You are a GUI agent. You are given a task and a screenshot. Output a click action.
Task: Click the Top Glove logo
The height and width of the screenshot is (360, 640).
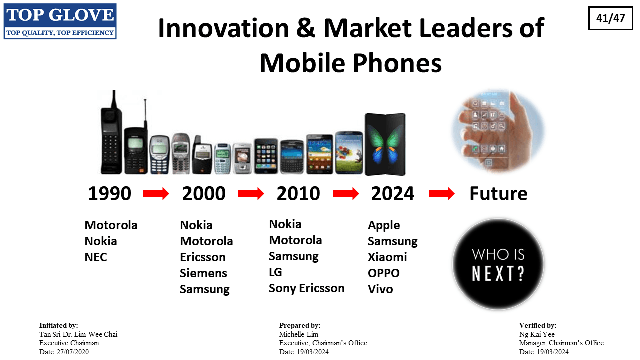coord(60,21)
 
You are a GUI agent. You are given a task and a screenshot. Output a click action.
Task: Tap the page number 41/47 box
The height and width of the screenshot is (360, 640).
coord(610,18)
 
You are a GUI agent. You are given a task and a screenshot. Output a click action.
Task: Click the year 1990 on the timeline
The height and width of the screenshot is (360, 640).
coord(109,193)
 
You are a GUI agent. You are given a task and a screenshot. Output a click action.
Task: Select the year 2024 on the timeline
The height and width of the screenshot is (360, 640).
coord(393,193)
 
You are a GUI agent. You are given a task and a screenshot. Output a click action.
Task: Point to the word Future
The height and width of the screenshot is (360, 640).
coord(498,193)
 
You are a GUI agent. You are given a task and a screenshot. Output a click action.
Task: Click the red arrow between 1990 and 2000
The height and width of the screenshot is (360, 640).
coord(156,194)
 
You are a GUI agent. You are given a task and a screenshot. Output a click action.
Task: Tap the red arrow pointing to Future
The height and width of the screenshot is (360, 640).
coord(441,194)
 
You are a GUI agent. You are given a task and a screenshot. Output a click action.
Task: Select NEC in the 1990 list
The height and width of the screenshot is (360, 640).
coord(96,257)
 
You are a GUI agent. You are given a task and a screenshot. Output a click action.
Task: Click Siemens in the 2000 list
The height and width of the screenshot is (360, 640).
coord(203,273)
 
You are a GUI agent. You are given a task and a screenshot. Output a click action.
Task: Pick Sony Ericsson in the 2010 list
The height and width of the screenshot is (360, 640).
coord(307,288)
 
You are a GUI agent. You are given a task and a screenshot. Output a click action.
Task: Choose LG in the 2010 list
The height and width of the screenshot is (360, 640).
coord(275,272)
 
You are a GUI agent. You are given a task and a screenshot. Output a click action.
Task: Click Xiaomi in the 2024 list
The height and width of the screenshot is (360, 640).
coord(387,257)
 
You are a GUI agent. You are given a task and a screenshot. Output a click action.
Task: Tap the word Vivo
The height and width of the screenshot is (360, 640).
coord(380,289)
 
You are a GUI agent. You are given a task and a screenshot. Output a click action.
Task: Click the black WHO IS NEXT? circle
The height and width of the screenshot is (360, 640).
coord(498,264)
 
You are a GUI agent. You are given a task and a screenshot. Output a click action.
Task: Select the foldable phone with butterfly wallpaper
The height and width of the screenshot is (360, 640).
coord(385,144)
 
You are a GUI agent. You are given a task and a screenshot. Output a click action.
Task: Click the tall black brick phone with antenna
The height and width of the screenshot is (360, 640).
coord(111,132)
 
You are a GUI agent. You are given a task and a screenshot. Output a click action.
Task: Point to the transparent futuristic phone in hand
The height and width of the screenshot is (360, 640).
coord(498,131)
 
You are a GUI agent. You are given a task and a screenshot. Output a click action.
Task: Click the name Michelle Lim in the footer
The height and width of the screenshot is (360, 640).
coord(299,334)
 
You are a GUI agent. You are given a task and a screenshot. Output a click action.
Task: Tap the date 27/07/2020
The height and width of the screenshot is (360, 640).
coord(73,352)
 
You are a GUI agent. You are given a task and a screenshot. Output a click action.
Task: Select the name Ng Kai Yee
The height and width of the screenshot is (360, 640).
coord(537,334)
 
